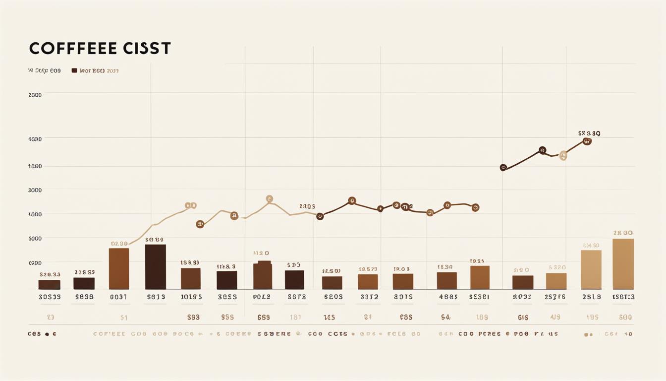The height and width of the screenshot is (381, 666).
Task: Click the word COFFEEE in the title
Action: [x=73, y=49]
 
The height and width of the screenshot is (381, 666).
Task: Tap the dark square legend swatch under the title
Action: [x=74, y=71]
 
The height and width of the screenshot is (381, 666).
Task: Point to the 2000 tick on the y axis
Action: [x=35, y=95]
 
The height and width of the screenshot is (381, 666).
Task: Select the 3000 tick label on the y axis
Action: [x=35, y=190]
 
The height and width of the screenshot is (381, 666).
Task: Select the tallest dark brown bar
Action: [x=155, y=266]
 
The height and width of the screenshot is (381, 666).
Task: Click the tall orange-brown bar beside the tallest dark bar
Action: [x=119, y=268]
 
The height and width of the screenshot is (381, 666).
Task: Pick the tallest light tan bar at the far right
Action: [x=623, y=263]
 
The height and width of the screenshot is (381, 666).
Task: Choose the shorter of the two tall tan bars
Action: [x=591, y=269]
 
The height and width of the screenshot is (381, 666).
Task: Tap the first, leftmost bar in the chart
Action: [x=49, y=284]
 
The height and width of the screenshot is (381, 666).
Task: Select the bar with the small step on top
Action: [x=263, y=275]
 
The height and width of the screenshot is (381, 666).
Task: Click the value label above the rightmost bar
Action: [x=623, y=233]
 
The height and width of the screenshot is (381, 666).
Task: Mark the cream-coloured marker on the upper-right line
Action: [x=563, y=156]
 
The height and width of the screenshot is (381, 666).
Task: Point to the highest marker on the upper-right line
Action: [x=587, y=141]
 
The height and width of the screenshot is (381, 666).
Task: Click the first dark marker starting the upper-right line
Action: [x=503, y=168]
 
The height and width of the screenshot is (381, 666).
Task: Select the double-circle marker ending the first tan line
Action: [x=190, y=205]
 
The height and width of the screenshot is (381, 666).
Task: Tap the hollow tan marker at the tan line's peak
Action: [x=269, y=199]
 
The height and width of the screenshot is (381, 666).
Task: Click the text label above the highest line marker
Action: [x=589, y=133]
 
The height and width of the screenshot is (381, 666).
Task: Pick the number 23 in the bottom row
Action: [x=50, y=317]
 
